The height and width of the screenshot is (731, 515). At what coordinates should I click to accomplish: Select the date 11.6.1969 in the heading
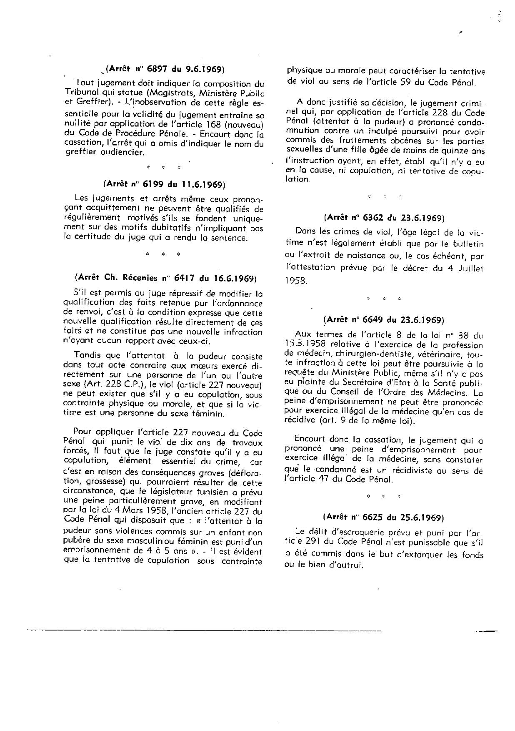click(x=202, y=184)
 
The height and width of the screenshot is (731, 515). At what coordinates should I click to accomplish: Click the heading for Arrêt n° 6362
click(x=384, y=217)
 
